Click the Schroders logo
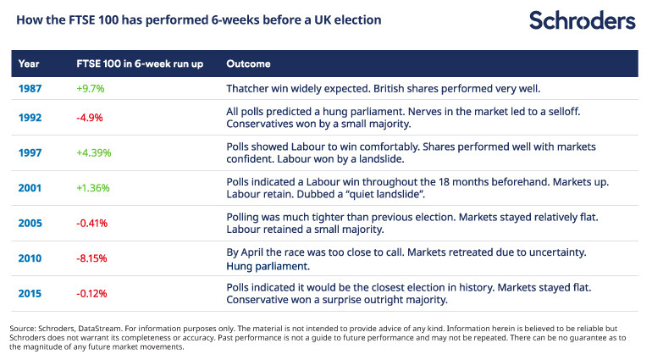(x=582, y=20)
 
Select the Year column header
(x=30, y=64)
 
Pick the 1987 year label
(x=30, y=88)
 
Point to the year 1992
(x=30, y=118)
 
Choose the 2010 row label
(x=30, y=258)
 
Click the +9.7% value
(x=91, y=88)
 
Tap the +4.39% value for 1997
(x=94, y=153)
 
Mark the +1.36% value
(x=94, y=188)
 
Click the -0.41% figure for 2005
(x=93, y=224)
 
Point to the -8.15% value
(x=93, y=258)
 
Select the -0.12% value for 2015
(x=93, y=293)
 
